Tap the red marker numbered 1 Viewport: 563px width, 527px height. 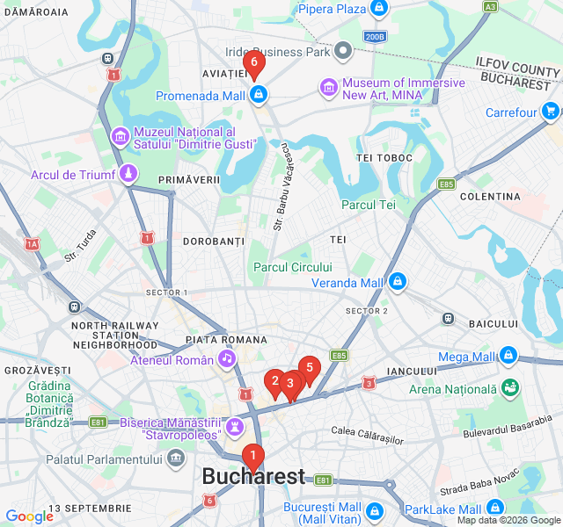click(253, 456)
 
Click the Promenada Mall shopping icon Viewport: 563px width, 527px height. click(259, 95)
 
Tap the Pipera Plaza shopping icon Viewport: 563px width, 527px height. click(379, 9)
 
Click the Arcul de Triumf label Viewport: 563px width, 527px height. click(73, 175)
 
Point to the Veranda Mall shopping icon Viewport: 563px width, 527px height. click(398, 283)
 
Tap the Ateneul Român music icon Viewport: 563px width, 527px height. click(227, 359)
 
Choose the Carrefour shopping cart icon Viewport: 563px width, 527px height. click(551, 112)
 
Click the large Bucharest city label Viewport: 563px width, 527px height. click(253, 477)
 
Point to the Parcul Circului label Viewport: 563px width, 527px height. click(293, 267)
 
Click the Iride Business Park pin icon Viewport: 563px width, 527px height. click(344, 52)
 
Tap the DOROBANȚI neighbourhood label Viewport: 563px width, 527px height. click(213, 241)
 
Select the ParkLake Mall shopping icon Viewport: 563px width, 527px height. click(495, 509)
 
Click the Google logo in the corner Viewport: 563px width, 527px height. click(29, 516)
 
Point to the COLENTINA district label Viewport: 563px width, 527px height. click(490, 196)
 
